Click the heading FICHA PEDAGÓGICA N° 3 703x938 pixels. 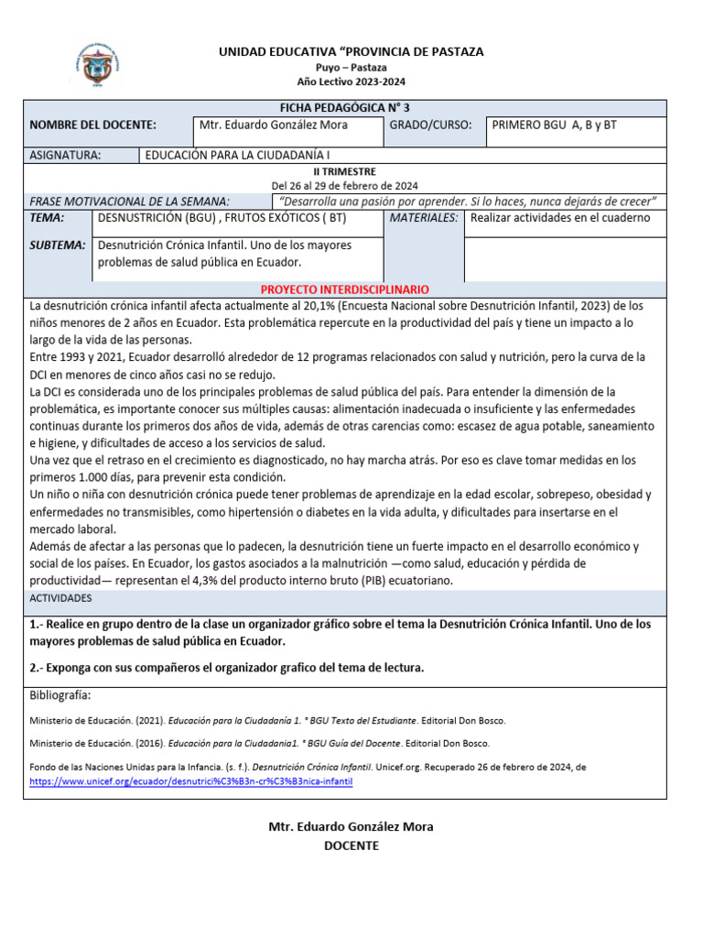(351, 108)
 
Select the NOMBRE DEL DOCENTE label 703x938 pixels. (92, 125)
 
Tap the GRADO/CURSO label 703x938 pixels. (430, 125)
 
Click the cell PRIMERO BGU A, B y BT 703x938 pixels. (555, 125)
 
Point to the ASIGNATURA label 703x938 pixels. (65, 156)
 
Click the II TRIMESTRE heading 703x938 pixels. (351, 171)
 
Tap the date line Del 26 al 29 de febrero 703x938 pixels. (351, 185)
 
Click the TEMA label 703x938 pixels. (48, 218)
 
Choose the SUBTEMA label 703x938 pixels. (58, 245)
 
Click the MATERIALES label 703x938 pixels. (423, 218)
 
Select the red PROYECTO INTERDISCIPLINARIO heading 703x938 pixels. (351, 289)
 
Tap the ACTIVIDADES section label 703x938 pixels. (61, 598)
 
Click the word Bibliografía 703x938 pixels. (60, 695)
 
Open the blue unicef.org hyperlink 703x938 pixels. (190, 782)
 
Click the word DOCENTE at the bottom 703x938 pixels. (351, 845)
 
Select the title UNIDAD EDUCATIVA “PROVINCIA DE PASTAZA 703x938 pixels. (351, 52)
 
